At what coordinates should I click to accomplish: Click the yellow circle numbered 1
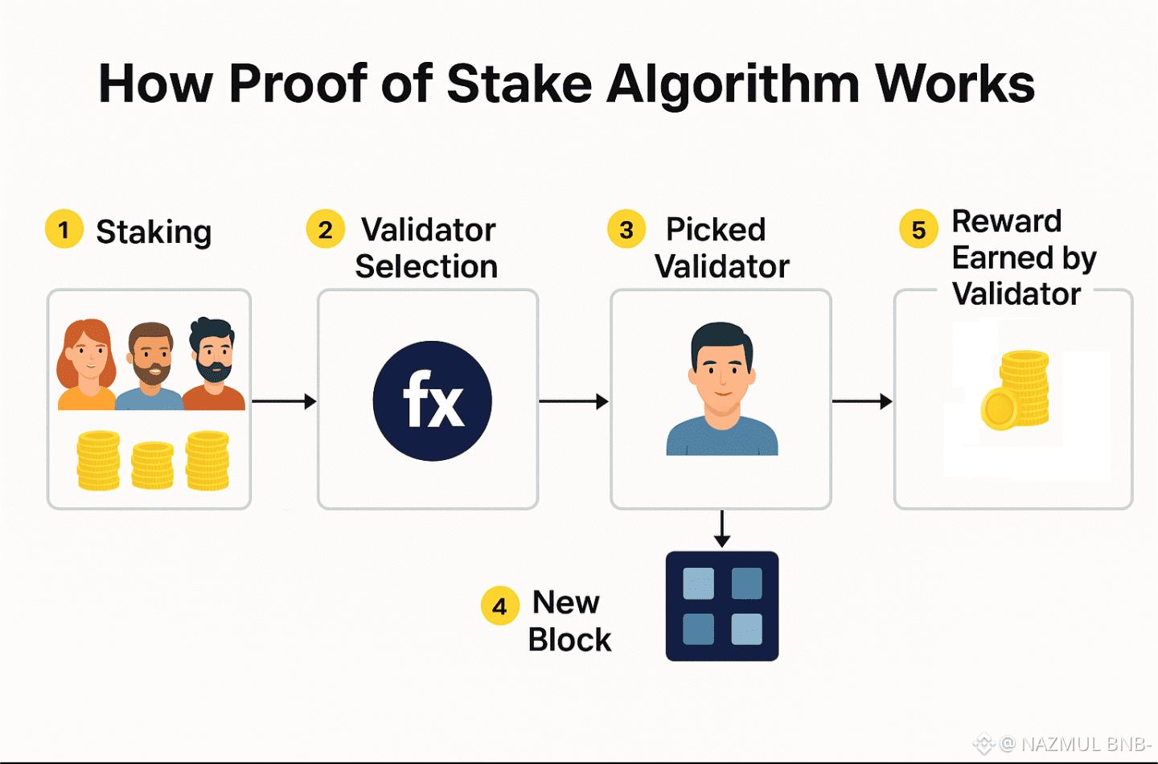tap(64, 229)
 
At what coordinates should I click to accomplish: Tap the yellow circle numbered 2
tap(325, 230)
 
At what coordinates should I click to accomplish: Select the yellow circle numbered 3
tap(626, 230)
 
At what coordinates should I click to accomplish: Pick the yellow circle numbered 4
tap(499, 606)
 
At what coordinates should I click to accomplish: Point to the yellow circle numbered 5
tap(918, 230)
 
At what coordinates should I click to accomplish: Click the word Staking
tap(154, 232)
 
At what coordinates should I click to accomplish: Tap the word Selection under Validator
tap(426, 267)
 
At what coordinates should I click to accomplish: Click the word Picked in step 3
tap(715, 230)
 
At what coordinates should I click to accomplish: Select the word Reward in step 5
tap(1006, 221)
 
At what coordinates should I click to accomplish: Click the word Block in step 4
tap(569, 640)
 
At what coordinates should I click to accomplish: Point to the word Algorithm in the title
tap(733, 84)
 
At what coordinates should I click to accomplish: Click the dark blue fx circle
tap(432, 400)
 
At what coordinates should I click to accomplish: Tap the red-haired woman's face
tap(88, 355)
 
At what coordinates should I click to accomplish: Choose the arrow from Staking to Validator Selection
tap(284, 400)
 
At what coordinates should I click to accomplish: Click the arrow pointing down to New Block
tap(722, 528)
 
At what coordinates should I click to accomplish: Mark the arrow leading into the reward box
tap(862, 400)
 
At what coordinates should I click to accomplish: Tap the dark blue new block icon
tap(721, 606)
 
